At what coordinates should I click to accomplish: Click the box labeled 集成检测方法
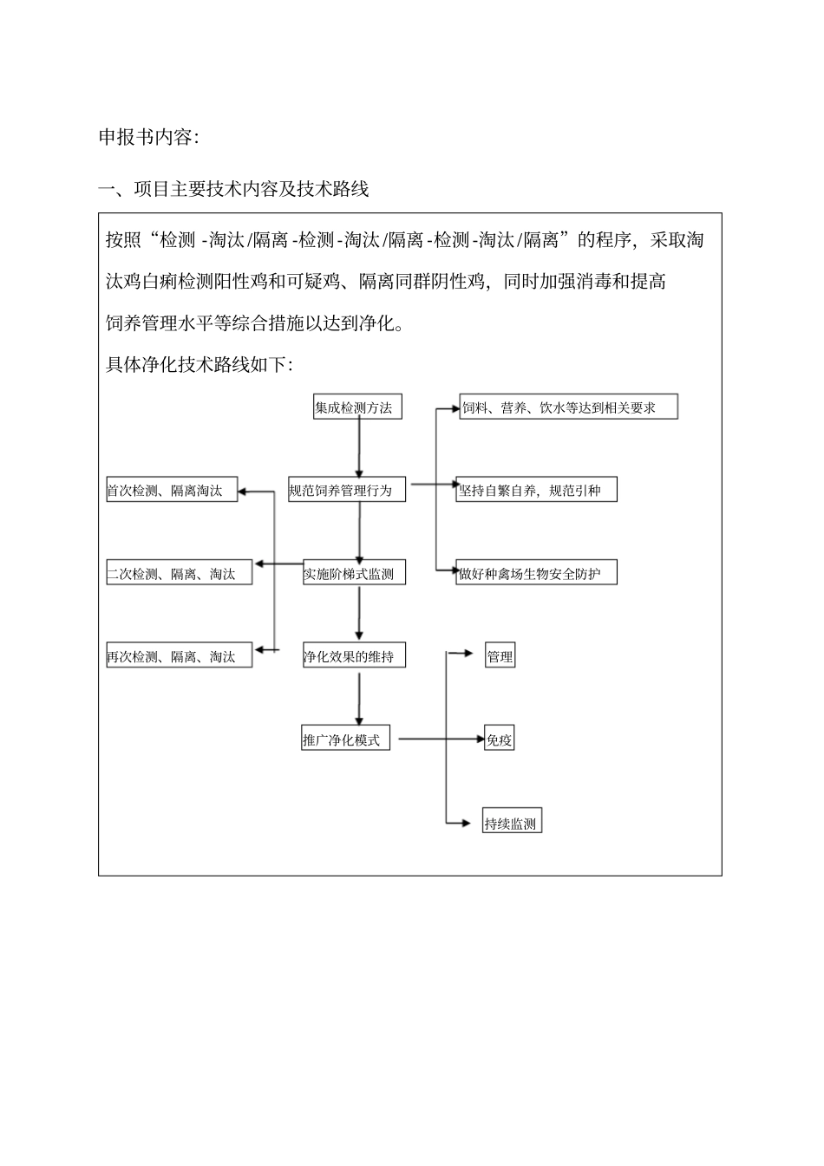pos(357,407)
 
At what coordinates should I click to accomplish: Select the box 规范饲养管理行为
pos(347,491)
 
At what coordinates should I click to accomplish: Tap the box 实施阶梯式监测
pos(354,574)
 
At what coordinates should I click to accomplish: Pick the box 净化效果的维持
pos(354,657)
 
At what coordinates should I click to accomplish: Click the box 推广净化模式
pos(346,740)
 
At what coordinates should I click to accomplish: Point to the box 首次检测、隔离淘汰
pos(172,491)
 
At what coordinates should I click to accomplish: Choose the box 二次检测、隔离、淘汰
pos(180,574)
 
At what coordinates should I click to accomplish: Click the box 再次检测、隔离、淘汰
pos(180,657)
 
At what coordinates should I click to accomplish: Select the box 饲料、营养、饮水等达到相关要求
pos(568,407)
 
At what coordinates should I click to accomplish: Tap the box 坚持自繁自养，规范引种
pos(537,491)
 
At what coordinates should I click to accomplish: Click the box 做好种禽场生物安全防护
pos(537,574)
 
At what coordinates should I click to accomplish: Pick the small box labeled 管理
pos(500,657)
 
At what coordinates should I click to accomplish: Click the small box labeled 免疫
pos(500,740)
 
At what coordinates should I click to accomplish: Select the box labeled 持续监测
pos(512,824)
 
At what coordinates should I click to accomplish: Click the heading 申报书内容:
pos(148,138)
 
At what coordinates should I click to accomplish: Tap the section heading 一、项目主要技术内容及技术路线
pos(234,189)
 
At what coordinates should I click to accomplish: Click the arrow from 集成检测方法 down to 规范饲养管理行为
pos(358,447)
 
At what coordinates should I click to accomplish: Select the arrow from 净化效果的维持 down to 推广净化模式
pos(358,698)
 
